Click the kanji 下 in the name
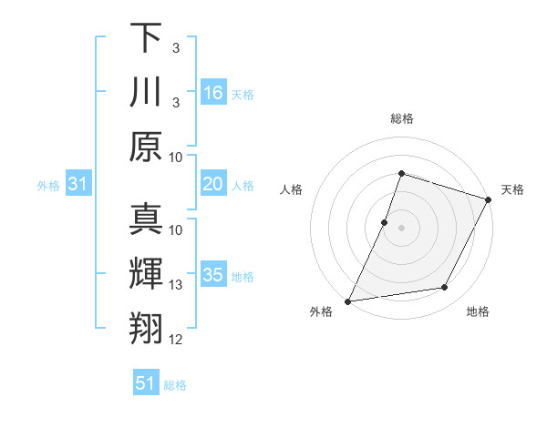(x=146, y=37)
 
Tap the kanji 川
(x=146, y=92)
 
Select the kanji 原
(x=146, y=147)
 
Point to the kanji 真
(x=146, y=219)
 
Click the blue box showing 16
(x=213, y=93)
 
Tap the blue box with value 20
(x=213, y=185)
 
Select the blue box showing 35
(x=213, y=276)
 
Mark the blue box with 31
(x=78, y=185)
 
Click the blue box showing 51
(x=146, y=383)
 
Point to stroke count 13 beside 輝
(x=176, y=285)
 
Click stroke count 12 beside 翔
(x=176, y=340)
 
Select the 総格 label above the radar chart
(x=401, y=118)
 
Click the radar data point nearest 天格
(x=489, y=199)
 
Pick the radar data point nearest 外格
(x=348, y=301)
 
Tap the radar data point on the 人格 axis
(x=385, y=222)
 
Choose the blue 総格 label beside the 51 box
(x=175, y=385)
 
